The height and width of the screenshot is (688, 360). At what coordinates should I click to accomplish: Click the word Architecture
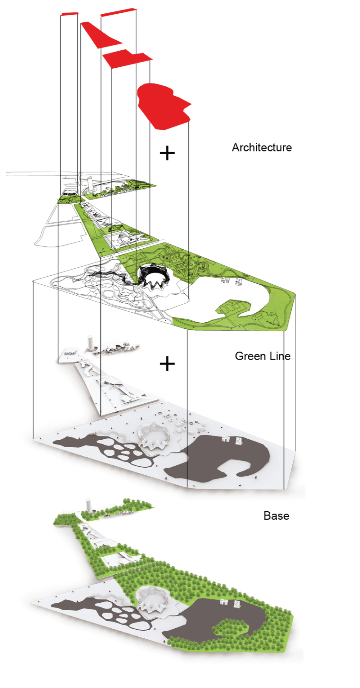(261, 147)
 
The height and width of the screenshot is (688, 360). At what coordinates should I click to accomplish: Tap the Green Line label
(262, 356)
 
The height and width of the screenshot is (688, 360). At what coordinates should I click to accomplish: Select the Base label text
(276, 515)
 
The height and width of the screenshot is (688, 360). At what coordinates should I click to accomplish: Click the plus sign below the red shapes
(167, 153)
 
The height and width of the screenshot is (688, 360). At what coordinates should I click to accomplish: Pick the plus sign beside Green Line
(167, 363)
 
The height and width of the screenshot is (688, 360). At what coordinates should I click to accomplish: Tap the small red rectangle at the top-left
(69, 14)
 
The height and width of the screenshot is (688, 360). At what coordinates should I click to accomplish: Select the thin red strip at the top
(118, 12)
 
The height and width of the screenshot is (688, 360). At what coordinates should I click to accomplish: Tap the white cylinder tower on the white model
(90, 343)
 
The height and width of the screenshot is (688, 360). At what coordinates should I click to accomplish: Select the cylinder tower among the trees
(88, 505)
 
